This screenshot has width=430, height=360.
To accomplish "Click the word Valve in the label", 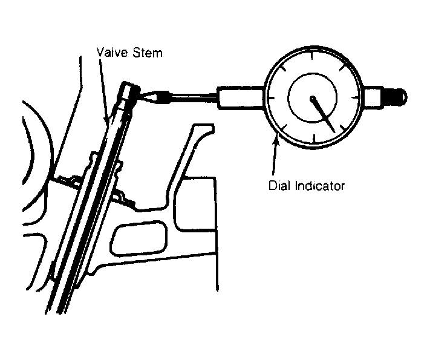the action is pyautogui.click(x=113, y=52).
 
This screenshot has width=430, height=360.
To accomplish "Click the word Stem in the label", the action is pyautogui.click(x=148, y=52).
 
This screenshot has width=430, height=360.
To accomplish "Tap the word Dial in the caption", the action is pyautogui.click(x=280, y=186).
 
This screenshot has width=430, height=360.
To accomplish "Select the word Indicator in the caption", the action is pyautogui.click(x=320, y=186).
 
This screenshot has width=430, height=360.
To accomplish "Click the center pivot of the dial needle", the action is pyautogui.click(x=313, y=98).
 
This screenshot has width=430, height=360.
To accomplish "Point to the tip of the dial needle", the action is pyautogui.click(x=334, y=132).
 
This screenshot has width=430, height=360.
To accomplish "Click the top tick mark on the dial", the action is pyautogui.click(x=312, y=55).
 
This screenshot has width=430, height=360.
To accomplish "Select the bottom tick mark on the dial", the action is pyautogui.click(x=314, y=139).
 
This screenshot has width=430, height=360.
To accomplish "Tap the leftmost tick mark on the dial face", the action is pyautogui.click(x=272, y=97).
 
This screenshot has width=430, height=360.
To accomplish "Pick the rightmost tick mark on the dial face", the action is pyautogui.click(x=356, y=97).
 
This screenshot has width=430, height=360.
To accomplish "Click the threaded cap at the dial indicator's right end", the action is pyautogui.click(x=395, y=97).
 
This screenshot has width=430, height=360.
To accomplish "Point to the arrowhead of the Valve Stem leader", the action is pyautogui.click(x=106, y=119).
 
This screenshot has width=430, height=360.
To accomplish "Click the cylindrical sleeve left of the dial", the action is pyautogui.click(x=241, y=97).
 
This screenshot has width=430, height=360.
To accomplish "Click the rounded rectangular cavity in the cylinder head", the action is pyautogui.click(x=138, y=238).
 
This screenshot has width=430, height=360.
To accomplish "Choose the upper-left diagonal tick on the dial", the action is pyautogui.click(x=282, y=68).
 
